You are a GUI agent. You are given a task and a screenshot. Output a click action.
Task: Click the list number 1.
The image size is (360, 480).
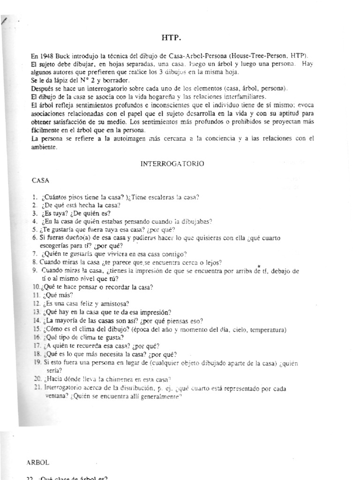[x=34, y=197]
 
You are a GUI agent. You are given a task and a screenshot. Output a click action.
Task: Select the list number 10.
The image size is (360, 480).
[x=36, y=287]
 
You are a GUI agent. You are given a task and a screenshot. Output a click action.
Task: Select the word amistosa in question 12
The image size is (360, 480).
[x=100, y=304]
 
